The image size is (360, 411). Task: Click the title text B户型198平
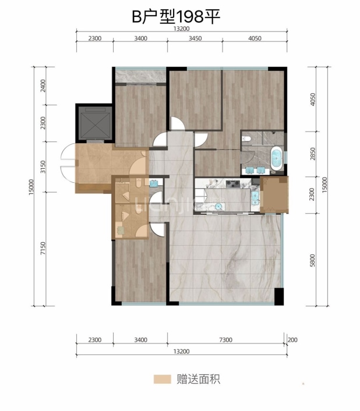176,17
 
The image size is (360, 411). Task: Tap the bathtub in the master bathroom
276,158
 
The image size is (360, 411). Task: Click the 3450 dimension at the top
195,38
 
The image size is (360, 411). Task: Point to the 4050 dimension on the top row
255,38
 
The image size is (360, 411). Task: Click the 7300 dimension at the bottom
225,340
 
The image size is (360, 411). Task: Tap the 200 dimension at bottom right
292,340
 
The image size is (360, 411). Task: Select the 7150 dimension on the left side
43,249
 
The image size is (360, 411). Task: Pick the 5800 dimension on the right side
312,260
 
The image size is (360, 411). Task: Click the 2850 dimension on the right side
312,154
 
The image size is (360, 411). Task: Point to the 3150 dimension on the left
43,167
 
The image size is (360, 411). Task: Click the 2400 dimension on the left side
43,86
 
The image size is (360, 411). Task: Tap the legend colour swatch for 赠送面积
163,379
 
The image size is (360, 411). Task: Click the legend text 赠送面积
199,379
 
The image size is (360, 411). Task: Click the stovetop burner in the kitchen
232,184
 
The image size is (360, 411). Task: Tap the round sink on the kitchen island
218,207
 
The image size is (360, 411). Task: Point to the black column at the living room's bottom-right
279,296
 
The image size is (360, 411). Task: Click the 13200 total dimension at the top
181,29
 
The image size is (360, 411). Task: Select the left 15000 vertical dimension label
31,187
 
